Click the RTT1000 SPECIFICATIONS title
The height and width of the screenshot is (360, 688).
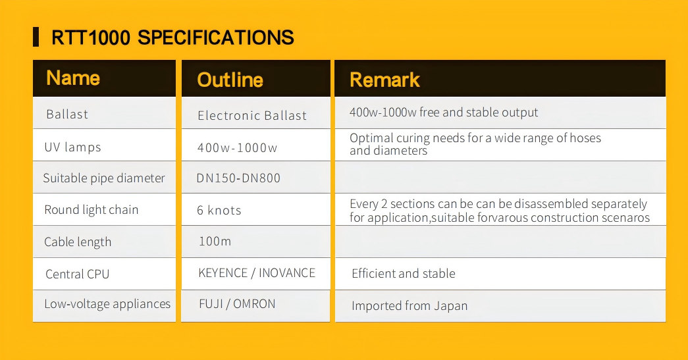point(172,38)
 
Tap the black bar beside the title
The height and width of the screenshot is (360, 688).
point(36,37)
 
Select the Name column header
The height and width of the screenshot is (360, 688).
point(73,78)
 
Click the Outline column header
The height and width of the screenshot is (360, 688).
point(230,80)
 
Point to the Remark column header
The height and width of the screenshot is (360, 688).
point(384,80)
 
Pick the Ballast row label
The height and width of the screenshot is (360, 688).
point(67,115)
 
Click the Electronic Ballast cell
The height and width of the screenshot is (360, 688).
point(252,115)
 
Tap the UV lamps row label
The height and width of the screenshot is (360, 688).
point(72,147)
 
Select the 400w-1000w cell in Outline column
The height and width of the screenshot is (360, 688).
point(237,148)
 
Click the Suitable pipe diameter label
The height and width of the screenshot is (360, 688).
point(104,178)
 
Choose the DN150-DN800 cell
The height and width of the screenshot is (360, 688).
point(238,178)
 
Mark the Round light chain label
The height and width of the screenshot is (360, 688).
point(92,210)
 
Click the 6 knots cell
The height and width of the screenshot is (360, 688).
point(219,211)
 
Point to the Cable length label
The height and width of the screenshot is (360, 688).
point(78,242)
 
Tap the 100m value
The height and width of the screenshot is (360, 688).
point(215,241)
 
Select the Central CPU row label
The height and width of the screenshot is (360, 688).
point(77,274)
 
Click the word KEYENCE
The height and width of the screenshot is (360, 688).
point(223,272)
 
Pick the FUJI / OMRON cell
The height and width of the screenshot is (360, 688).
point(237,304)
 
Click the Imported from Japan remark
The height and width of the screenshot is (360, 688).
point(410,305)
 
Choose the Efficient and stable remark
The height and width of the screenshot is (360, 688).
point(403,274)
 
